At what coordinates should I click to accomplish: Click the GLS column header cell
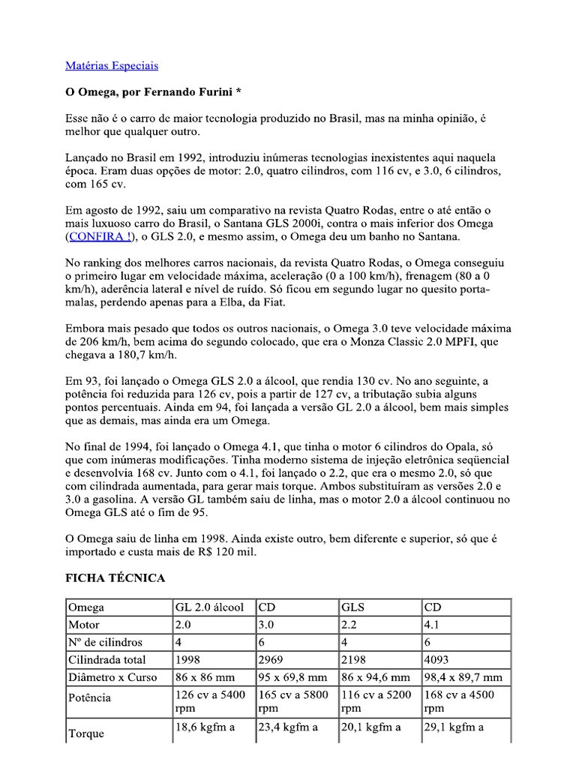tap(353, 607)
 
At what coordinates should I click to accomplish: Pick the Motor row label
tap(84, 625)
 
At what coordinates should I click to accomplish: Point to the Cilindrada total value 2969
tap(272, 660)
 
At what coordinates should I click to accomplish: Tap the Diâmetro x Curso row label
tap(112, 677)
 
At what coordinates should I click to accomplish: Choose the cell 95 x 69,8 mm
tap(293, 677)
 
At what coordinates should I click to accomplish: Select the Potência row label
tap(89, 697)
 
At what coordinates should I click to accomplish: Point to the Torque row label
tap(86, 733)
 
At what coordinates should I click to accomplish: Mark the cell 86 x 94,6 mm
tap(376, 677)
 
